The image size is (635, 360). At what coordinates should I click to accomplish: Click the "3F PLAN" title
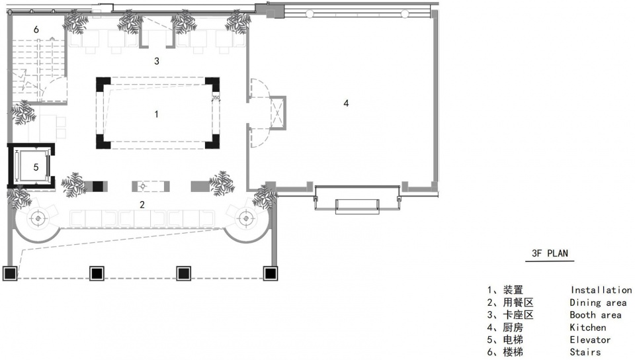[x=550, y=253]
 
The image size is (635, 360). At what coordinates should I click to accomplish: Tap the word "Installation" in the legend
[x=601, y=290]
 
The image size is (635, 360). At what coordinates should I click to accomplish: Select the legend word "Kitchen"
[x=587, y=327]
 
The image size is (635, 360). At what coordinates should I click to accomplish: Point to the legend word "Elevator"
[x=589, y=339]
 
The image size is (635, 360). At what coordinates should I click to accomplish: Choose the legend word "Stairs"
[x=585, y=352]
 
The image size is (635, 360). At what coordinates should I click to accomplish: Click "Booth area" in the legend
[x=595, y=314]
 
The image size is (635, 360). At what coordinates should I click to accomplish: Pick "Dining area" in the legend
[x=598, y=302]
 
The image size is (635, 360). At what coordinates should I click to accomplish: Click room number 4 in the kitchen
[x=346, y=103]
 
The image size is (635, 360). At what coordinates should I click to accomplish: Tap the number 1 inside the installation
[x=156, y=114]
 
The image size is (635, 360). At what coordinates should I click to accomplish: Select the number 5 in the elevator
[x=36, y=167]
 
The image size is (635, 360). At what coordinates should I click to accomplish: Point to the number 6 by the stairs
[x=36, y=30]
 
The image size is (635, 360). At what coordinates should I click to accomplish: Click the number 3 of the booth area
[x=157, y=61]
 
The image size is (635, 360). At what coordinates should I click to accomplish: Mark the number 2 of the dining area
[x=142, y=204]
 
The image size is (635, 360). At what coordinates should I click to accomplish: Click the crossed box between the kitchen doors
[x=277, y=112]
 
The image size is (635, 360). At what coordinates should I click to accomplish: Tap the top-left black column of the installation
[x=103, y=85]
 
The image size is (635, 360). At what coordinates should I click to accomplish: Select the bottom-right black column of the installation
[x=212, y=142]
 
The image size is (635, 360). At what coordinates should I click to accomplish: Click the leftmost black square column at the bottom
[x=10, y=274]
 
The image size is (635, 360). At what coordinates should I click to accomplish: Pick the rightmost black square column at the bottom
[x=270, y=274]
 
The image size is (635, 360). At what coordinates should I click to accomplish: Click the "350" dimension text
[x=216, y=97]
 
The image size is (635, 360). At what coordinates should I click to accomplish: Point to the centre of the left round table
[x=38, y=218]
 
